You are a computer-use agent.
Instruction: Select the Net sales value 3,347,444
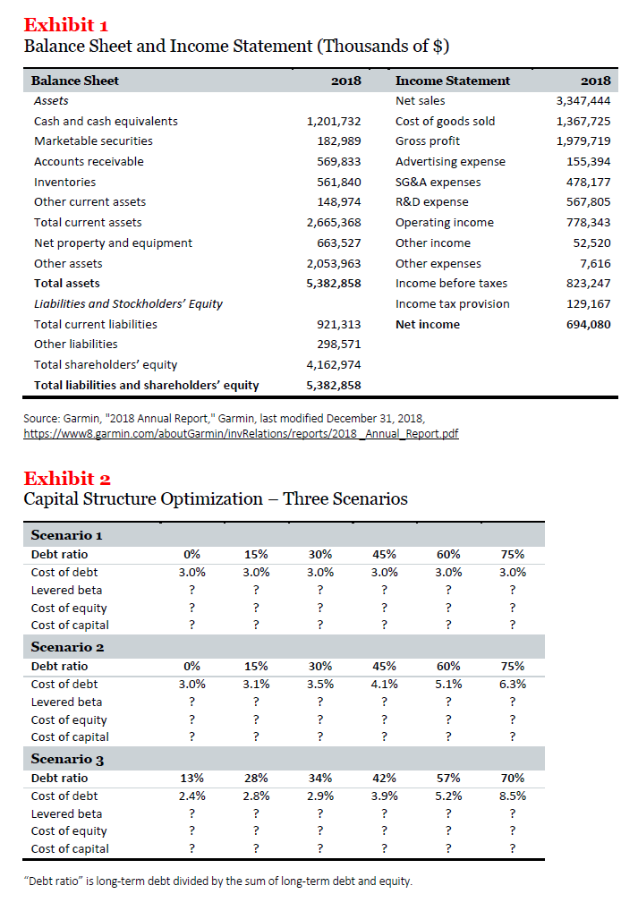click(583, 101)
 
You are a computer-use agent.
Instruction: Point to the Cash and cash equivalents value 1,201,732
click(333, 121)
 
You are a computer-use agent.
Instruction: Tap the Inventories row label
click(64, 182)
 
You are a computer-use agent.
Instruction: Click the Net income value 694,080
click(589, 324)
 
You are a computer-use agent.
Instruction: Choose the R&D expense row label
click(431, 202)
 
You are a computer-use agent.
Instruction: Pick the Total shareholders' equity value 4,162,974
click(333, 364)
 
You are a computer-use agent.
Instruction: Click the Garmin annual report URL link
click(241, 433)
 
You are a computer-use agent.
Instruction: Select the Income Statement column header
click(453, 81)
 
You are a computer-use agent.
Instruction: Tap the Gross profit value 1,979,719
click(583, 141)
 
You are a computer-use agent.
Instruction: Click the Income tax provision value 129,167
click(589, 303)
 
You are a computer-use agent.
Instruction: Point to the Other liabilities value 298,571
click(339, 344)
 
